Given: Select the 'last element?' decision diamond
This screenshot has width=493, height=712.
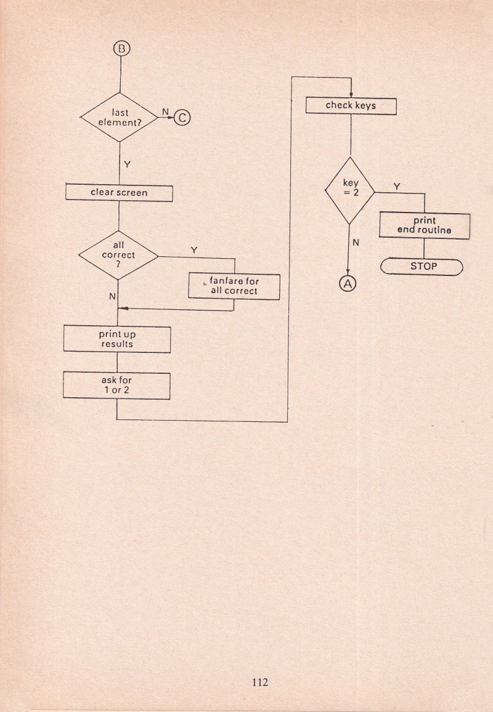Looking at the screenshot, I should coord(119,117).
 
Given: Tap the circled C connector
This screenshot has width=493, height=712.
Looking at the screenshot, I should coord(182,117).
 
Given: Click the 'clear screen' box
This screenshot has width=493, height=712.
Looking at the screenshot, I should coord(119,193).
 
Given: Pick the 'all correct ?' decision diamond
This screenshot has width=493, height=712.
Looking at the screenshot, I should coord(118,254).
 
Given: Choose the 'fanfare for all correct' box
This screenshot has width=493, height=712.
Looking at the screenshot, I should coord(234,286).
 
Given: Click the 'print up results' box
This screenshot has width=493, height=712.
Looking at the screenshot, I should coord(117,339).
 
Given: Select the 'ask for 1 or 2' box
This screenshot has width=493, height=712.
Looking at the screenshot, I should coord(117,386).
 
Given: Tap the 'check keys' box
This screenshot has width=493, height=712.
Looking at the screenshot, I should coord(351,106).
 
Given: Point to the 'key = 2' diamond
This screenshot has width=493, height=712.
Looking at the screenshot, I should coord(350,190).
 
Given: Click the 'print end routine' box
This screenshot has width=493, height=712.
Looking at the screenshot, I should coord(425,225).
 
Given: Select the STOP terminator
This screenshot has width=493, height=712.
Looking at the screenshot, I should coord(423,267).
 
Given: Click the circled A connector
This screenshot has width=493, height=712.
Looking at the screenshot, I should coord(349,284).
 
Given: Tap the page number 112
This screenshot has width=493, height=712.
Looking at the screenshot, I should coord(260,682).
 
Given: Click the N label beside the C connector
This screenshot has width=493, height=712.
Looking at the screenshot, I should coord(165,111).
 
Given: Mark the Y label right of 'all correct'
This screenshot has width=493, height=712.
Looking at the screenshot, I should coord(194,250).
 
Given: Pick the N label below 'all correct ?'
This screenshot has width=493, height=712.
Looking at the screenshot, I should coord(112,297).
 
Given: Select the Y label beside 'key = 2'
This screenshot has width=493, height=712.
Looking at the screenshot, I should coord(396,186).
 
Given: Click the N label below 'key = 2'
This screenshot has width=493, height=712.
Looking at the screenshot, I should coord(356,243).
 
